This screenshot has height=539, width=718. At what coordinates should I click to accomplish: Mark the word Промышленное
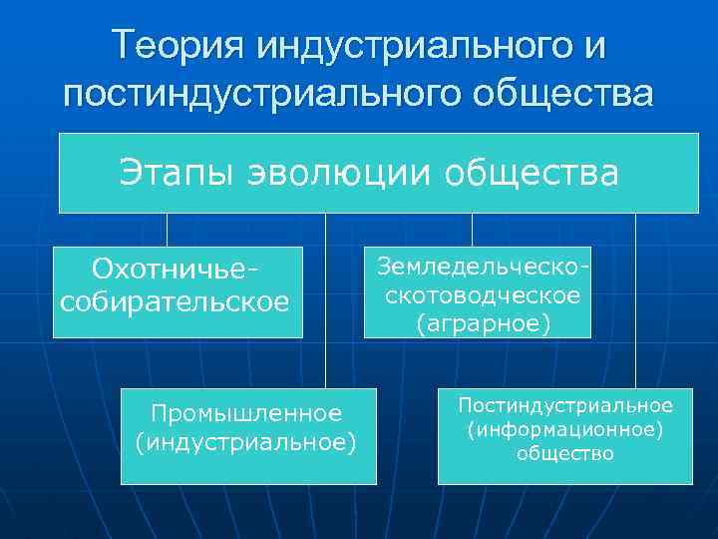coord(246,412)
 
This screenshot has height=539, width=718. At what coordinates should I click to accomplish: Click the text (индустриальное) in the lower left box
coord(245,441)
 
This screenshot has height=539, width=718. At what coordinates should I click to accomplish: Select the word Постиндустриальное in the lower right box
coord(564,405)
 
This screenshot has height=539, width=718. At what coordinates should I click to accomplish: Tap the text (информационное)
coord(564,429)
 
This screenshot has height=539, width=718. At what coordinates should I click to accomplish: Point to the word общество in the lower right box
coord(564,454)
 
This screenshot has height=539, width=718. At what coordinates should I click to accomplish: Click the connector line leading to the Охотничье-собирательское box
coord(167,229)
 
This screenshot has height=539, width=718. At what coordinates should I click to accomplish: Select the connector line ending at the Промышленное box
coord(325,299)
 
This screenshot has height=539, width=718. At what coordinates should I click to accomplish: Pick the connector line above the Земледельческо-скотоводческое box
coord(472,229)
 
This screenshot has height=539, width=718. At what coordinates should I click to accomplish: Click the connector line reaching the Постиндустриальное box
coord(635,299)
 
